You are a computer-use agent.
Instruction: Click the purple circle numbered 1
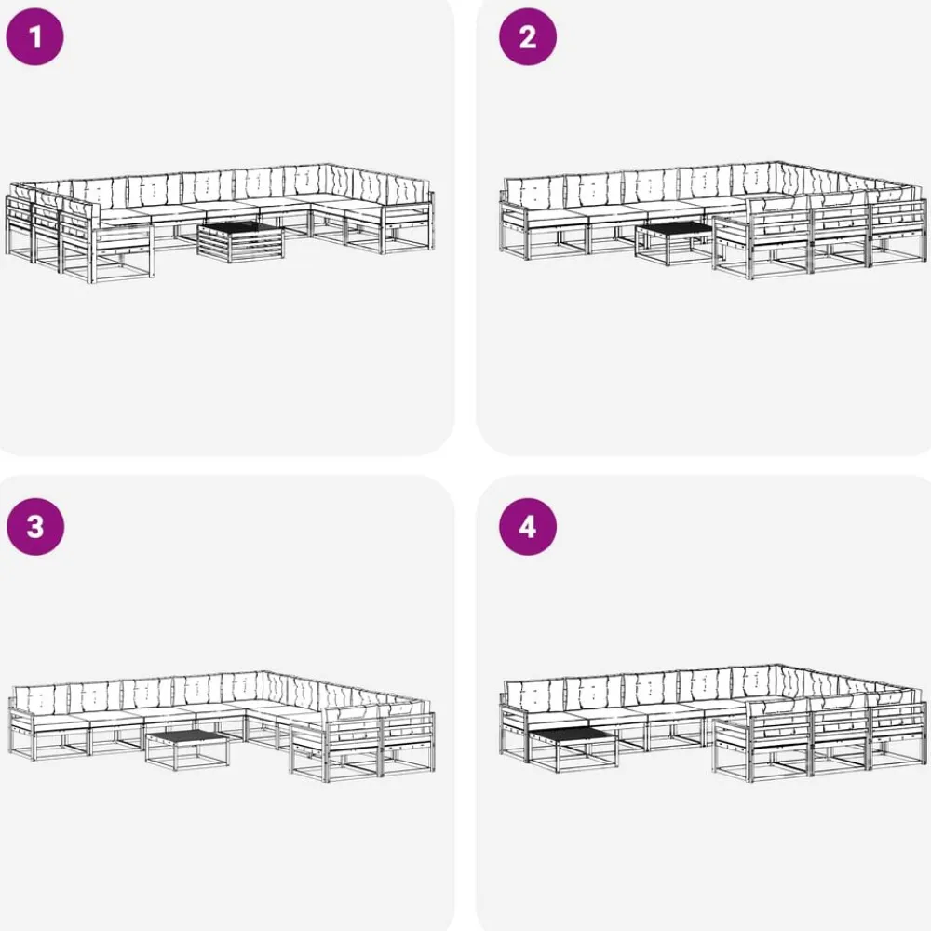tap(34, 37)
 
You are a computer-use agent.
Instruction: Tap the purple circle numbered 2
tap(528, 37)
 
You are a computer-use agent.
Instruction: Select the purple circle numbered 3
tap(35, 527)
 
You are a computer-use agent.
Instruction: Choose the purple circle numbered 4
tap(528, 527)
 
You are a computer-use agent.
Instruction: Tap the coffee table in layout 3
tap(188, 749)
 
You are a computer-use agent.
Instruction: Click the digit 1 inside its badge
tap(35, 37)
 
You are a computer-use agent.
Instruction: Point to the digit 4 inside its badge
tap(528, 527)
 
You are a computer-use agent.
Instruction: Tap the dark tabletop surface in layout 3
tap(188, 736)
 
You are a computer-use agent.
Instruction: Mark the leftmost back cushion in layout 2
tap(533, 192)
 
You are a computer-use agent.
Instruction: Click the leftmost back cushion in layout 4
tap(533, 695)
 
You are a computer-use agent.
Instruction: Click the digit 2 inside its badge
tap(528, 37)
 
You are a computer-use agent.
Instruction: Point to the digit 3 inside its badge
tap(35, 527)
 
